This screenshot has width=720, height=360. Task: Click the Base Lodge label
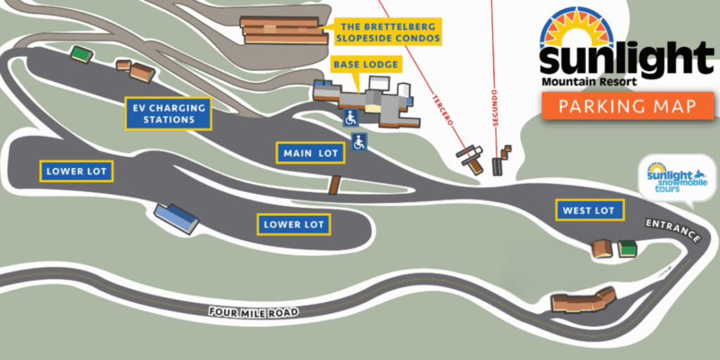tap(366, 65)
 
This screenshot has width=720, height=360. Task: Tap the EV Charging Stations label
tap(169, 114)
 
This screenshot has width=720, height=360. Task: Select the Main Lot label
tap(310, 153)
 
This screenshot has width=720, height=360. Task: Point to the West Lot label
tap(590, 210)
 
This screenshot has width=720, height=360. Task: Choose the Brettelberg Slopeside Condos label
tap(388, 31)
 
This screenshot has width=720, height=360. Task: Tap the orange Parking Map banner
tap(628, 106)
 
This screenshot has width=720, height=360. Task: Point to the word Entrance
tap(673, 231)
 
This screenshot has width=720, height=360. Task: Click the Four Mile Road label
tap(254, 312)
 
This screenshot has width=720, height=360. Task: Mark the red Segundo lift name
tap(494, 108)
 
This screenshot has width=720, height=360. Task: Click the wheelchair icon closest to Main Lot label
tap(359, 141)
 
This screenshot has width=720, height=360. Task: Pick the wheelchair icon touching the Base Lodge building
tap(350, 118)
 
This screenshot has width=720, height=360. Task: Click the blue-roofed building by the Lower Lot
tap(176, 218)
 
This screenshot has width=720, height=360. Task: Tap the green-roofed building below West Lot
tap(627, 248)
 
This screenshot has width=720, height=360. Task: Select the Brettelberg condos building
tap(283, 30)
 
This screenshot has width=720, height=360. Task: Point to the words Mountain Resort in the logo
tap(589, 82)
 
